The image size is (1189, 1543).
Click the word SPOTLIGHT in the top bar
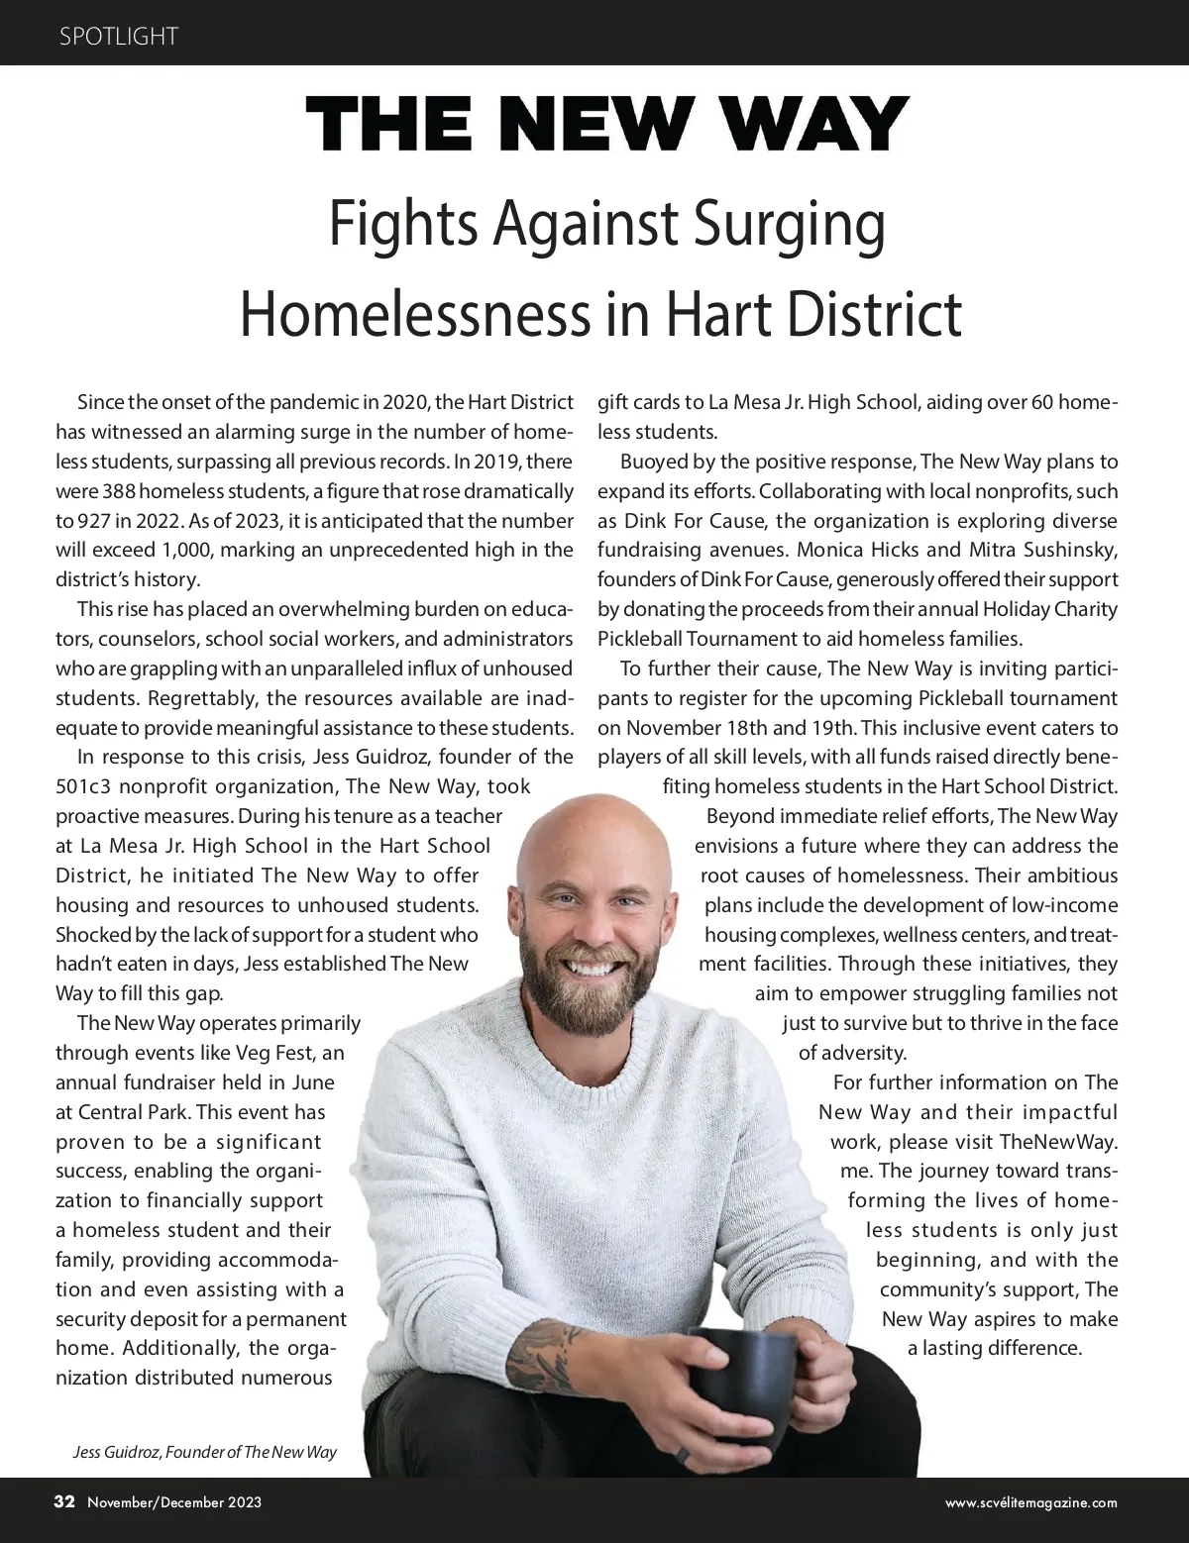pyautogui.click(x=118, y=37)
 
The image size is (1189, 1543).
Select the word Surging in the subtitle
pyautogui.click(x=782, y=226)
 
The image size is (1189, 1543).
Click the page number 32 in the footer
pyautogui.click(x=64, y=1501)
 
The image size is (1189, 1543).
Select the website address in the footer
pyautogui.click(x=1031, y=1502)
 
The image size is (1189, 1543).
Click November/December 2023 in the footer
pyautogui.click(x=174, y=1502)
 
